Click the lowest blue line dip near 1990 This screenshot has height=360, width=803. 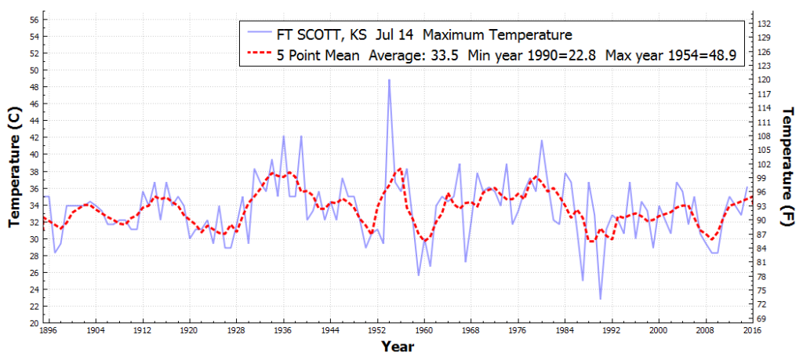click(601, 299)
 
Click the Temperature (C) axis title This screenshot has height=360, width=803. click(13, 167)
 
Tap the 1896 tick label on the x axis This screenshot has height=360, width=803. click(49, 331)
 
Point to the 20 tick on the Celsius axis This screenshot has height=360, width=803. click(34, 322)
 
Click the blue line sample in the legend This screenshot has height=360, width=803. click(259, 35)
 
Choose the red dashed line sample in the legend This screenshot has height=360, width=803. click(259, 56)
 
